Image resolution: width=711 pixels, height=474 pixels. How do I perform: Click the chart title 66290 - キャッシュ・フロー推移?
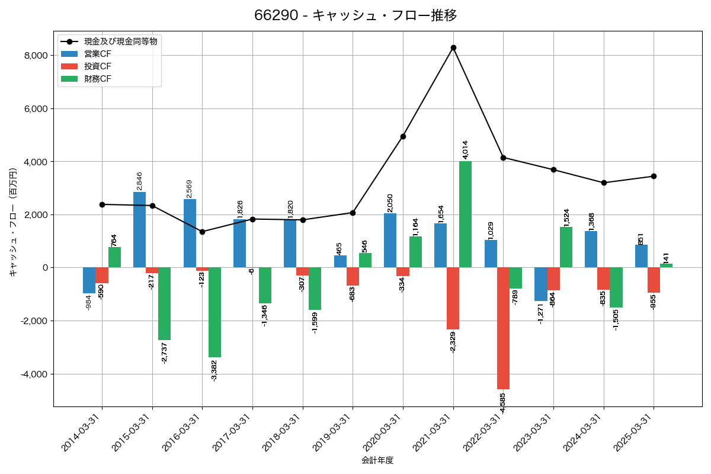pyautogui.click(x=355, y=15)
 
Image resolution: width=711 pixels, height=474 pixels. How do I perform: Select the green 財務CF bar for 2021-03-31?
pyautogui.click(x=466, y=214)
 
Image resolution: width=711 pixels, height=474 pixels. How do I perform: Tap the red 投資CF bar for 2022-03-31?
pyautogui.click(x=503, y=328)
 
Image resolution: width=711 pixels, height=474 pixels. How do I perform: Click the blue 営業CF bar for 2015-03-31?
pyautogui.click(x=140, y=230)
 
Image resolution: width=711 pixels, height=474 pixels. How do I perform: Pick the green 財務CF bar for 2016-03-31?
pyautogui.click(x=214, y=312)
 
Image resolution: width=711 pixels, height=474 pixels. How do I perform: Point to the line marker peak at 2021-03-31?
pyautogui.click(x=453, y=47)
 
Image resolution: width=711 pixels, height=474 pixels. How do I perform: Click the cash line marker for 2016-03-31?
pyautogui.click(x=203, y=232)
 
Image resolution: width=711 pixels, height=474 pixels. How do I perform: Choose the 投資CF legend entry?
pyautogui.click(x=98, y=66)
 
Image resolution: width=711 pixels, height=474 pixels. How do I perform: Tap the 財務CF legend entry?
pyautogui.click(x=98, y=79)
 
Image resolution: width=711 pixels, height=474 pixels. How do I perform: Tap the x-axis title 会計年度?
pyautogui.click(x=377, y=460)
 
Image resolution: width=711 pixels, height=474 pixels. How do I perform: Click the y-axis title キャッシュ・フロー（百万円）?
pyautogui.click(x=13, y=222)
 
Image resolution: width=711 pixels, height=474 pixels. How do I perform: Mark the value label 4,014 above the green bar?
pyautogui.click(x=465, y=149)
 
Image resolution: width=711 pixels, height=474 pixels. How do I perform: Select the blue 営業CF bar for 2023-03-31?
pyautogui.click(x=541, y=284)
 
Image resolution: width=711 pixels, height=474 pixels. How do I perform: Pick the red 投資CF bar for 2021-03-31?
pyautogui.click(x=453, y=299)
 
